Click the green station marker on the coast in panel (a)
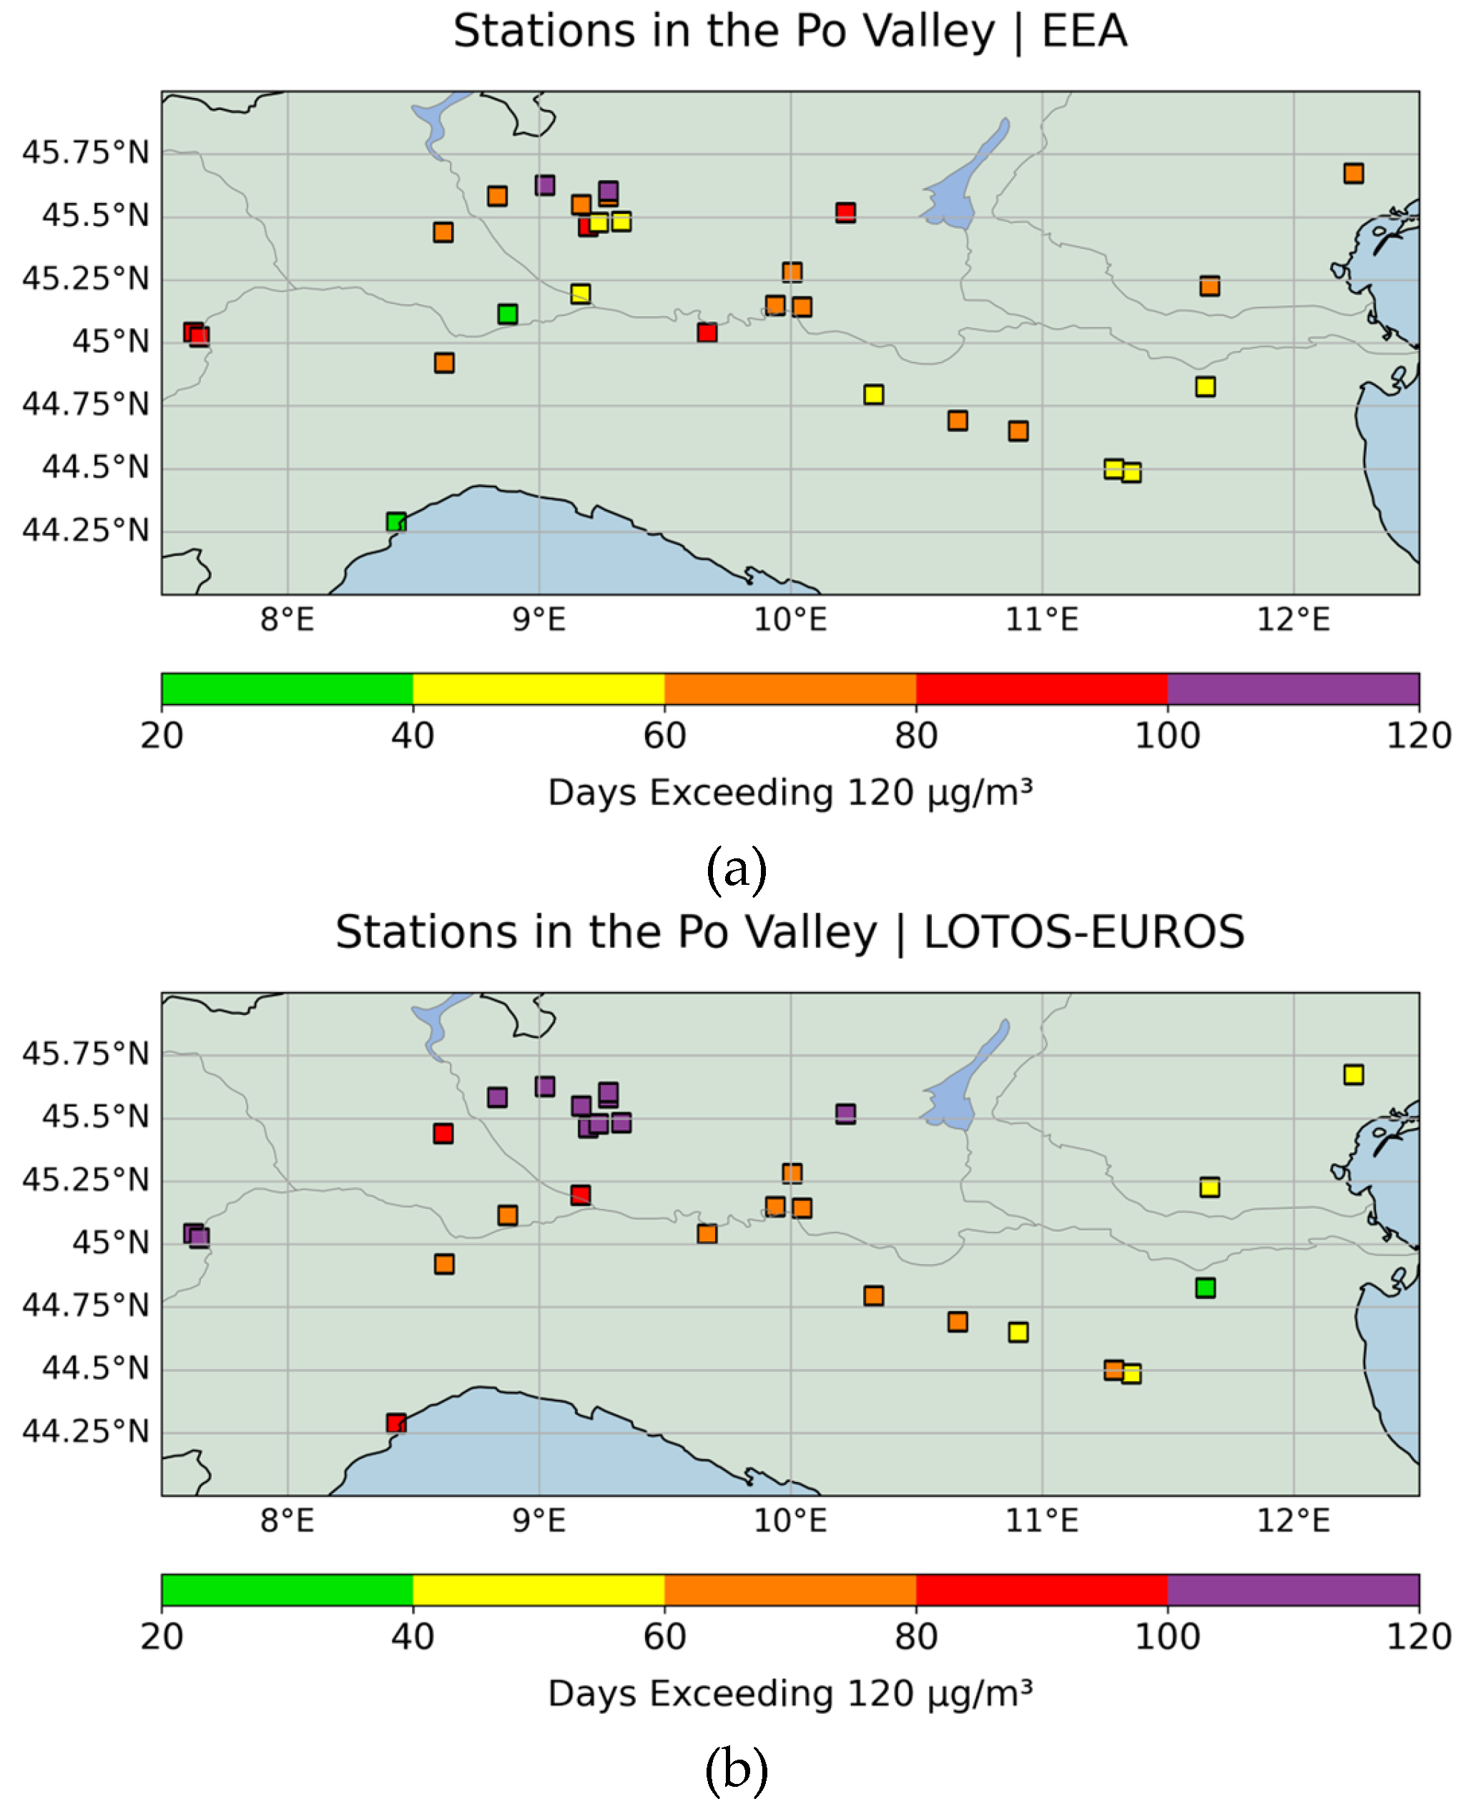point(396,522)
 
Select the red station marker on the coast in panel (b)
point(396,1423)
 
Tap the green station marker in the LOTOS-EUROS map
point(1205,1288)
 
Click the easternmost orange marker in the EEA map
point(1353,173)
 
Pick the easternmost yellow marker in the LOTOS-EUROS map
point(1353,1074)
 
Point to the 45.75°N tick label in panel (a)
point(85,153)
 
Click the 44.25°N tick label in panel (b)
point(85,1431)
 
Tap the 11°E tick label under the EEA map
point(1041,621)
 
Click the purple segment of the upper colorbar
point(1292,689)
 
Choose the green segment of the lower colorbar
point(287,1590)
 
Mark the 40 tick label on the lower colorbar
point(412,1637)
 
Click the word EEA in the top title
point(1084,32)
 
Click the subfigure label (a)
point(736,869)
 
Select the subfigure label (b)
point(736,1770)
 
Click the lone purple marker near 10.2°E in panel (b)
point(845,1114)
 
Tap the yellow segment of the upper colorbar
point(538,689)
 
